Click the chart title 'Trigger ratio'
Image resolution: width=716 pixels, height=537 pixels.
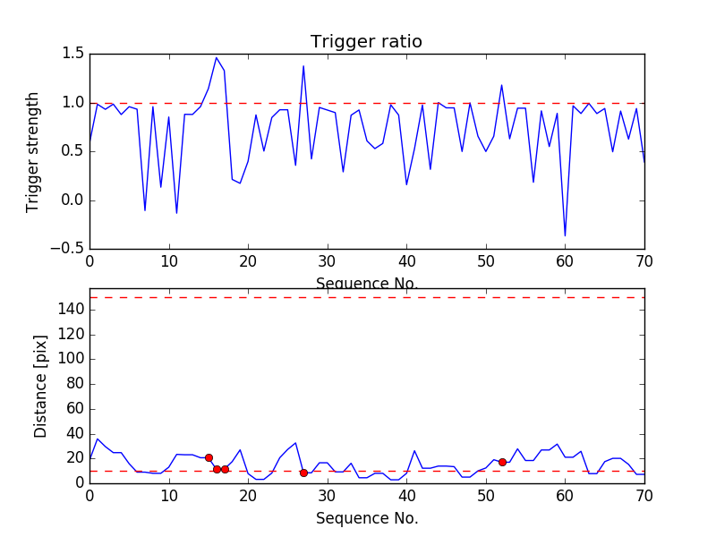coord(366,42)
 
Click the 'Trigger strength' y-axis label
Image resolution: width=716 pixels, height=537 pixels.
coord(33,151)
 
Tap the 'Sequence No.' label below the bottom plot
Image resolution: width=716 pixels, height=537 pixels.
coord(366,518)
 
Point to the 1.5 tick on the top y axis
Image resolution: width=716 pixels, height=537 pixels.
coord(72,54)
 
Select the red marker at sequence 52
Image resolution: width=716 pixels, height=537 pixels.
coord(502,462)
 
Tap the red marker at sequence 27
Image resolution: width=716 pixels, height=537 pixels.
coord(303,473)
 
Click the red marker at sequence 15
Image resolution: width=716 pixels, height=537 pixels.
coord(209,457)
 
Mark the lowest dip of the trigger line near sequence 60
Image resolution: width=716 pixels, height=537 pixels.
coord(565,235)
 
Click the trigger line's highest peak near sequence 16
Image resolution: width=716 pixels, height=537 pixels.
coord(217,57)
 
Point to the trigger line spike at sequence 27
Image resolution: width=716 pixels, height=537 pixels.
coord(303,66)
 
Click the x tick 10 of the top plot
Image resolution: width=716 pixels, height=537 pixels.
coord(169,262)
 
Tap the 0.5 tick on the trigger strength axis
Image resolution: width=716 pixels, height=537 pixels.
coord(72,150)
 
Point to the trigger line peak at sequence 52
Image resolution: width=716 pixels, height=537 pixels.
coord(502,85)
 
